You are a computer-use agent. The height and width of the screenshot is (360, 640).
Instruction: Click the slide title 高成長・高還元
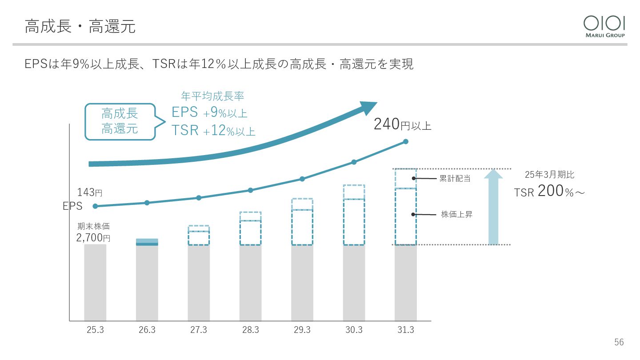click(x=80, y=27)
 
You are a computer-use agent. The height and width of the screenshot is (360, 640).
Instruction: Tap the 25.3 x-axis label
click(x=95, y=330)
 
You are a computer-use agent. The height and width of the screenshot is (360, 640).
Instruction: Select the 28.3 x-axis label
click(x=250, y=330)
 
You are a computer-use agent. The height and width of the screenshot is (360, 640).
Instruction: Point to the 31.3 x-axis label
click(x=405, y=330)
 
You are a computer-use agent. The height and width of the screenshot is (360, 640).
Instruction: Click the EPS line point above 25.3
click(x=95, y=206)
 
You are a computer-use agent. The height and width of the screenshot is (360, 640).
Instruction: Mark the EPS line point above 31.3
click(x=405, y=142)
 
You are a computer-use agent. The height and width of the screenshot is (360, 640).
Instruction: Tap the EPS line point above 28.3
click(x=250, y=190)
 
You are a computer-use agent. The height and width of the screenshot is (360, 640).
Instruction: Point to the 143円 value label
click(x=90, y=193)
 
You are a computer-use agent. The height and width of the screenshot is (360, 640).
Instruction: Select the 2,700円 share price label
click(x=93, y=238)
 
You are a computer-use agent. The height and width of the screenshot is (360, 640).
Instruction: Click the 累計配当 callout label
click(x=455, y=179)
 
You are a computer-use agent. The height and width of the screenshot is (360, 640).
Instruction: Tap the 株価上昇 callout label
click(x=456, y=214)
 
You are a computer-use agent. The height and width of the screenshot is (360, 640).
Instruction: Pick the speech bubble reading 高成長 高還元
click(x=120, y=121)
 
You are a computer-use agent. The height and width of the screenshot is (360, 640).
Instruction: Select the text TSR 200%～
click(x=549, y=192)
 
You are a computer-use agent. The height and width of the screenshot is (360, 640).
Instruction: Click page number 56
click(x=619, y=342)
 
